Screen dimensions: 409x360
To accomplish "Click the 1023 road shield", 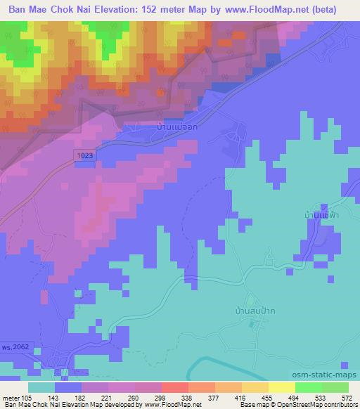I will [x=84, y=153].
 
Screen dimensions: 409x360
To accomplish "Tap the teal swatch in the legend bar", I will [x=41, y=387].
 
